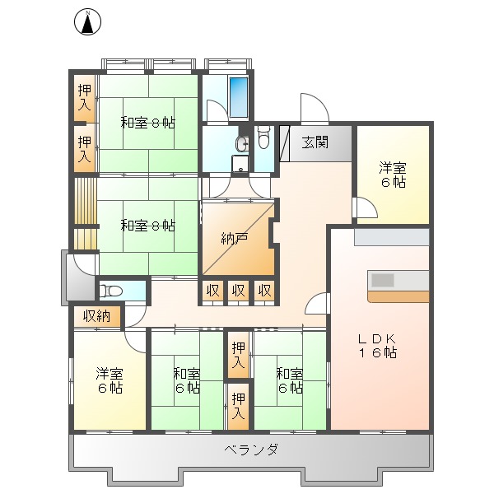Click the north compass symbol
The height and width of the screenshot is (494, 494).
[86, 22]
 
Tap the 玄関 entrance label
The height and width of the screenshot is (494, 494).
[315, 142]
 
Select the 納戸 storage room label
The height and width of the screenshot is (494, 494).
[235, 239]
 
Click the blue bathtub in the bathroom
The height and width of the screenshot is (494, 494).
[240, 96]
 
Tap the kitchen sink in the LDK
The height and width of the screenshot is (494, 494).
[383, 280]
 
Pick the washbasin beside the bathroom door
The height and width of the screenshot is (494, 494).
[240, 144]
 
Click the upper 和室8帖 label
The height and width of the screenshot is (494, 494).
[147, 123]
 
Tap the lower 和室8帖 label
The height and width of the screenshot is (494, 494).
[147, 224]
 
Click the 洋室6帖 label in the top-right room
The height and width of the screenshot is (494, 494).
[392, 175]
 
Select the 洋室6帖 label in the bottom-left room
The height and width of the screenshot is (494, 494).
[109, 380]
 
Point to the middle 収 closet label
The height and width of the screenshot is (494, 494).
[239, 290]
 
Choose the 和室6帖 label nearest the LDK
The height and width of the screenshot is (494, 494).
[289, 380]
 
